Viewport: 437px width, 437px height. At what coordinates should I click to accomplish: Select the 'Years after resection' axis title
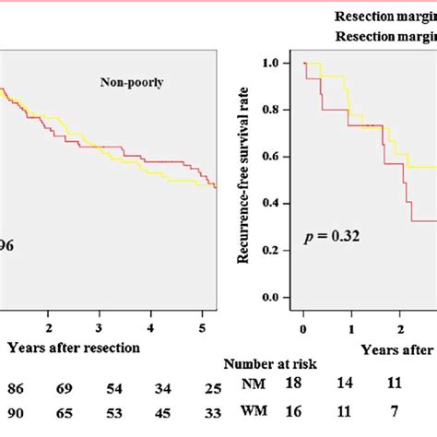[73, 348]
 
